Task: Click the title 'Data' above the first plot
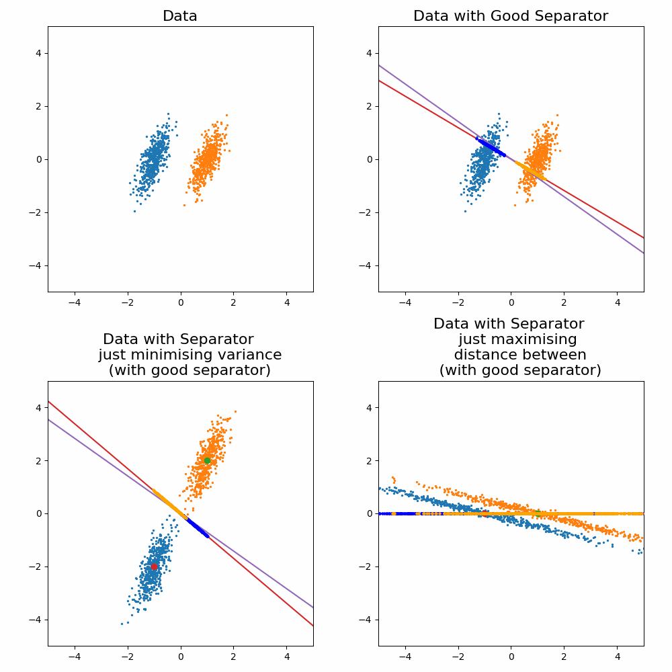180,16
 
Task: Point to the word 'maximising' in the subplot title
517,339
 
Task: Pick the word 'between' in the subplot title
558,355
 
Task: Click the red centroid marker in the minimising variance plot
154,566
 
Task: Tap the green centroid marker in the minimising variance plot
207,460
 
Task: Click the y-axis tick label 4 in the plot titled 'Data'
38,53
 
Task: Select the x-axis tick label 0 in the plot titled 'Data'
180,303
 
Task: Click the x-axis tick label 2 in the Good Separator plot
564,303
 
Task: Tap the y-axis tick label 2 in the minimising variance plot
38,460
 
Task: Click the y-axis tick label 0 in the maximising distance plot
369,513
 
